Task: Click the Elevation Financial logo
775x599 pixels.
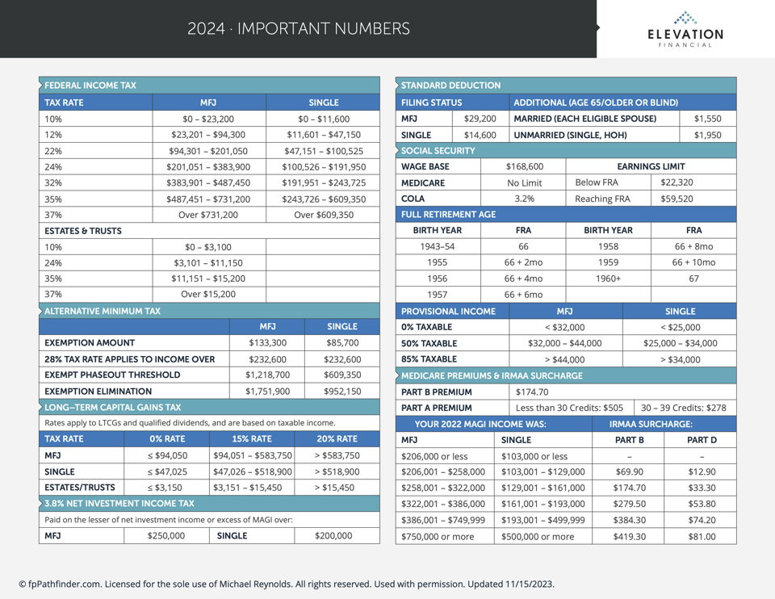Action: point(685,29)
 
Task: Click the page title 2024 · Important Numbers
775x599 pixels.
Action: point(299,29)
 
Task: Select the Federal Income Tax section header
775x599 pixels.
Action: point(90,85)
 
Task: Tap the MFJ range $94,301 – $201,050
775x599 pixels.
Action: point(208,151)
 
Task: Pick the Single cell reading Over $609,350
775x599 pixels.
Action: point(324,215)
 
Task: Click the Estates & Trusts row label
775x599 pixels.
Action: point(83,231)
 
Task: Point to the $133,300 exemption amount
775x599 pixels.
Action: point(267,342)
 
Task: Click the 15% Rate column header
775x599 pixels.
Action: point(251,439)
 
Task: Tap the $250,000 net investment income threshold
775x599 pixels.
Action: point(166,535)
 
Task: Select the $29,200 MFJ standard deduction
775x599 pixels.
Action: point(480,119)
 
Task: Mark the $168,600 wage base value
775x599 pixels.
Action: point(524,166)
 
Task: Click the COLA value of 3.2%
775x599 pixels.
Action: point(524,199)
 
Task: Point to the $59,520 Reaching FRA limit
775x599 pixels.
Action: point(677,199)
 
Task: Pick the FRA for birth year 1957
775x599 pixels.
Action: point(523,295)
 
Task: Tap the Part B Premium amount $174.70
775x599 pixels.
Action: point(532,392)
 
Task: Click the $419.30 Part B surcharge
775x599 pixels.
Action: point(629,536)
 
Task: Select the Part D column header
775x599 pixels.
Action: point(701,440)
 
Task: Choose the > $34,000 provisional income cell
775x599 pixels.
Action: point(680,359)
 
